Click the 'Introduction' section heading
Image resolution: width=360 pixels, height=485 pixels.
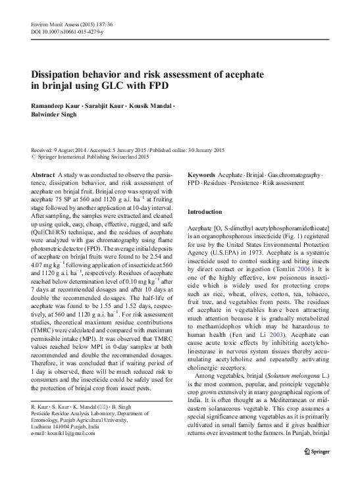click(206, 213)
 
